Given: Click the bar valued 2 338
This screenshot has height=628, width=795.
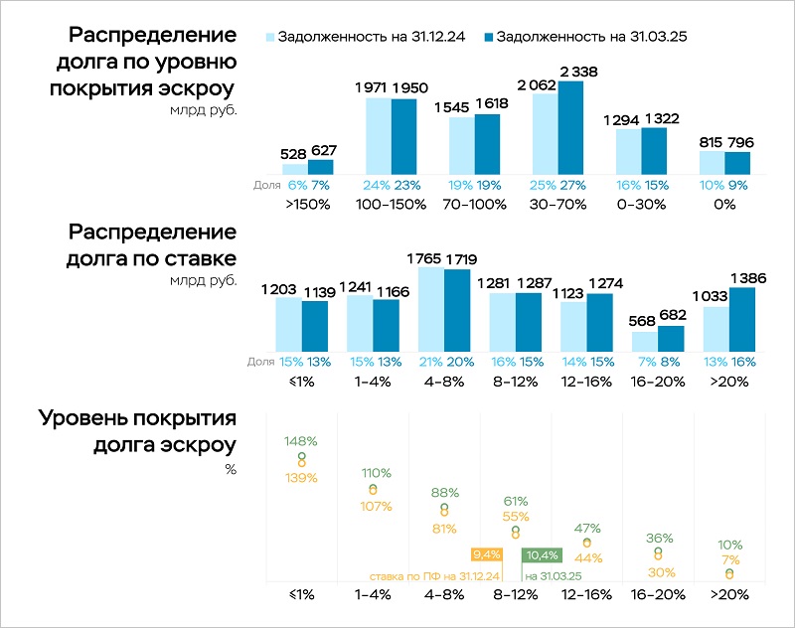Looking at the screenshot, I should (570, 127).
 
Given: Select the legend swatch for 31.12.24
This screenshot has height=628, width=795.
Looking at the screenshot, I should (269, 37).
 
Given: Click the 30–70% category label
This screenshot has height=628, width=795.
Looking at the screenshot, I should (557, 204).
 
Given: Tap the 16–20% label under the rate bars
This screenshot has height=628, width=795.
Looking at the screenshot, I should (657, 381).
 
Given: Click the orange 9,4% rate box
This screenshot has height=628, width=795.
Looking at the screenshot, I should (486, 555).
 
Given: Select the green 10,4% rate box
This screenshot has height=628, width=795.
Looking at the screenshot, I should (542, 555).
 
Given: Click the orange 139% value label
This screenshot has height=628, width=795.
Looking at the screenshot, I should (301, 478).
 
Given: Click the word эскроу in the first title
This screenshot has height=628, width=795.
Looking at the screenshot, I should (199, 86).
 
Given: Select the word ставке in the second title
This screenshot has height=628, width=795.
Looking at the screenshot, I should (203, 260).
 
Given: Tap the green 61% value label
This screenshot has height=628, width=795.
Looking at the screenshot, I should (515, 501).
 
